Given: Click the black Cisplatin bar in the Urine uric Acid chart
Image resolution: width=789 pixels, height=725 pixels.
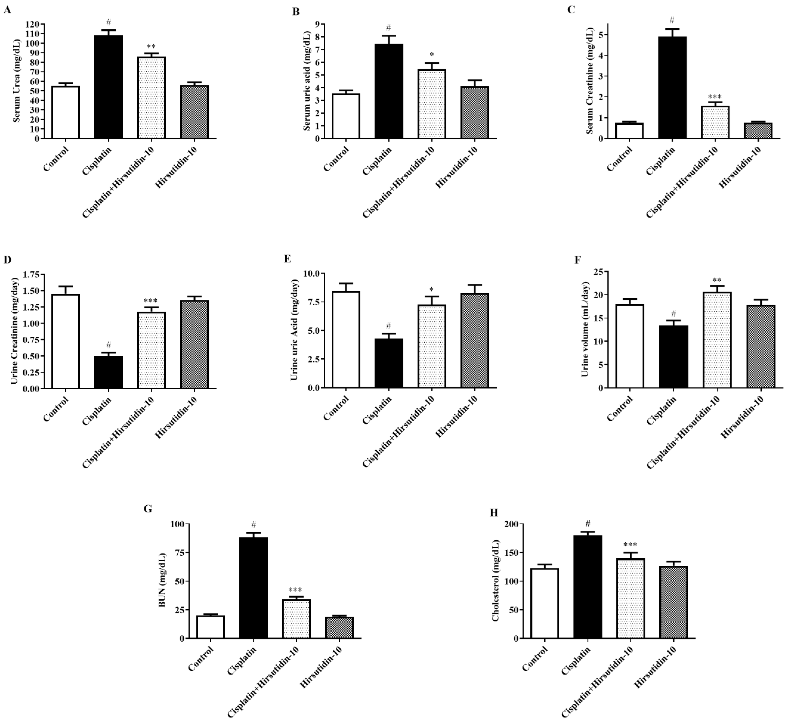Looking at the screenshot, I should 389,363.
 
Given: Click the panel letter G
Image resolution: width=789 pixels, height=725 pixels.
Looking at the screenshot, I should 148,509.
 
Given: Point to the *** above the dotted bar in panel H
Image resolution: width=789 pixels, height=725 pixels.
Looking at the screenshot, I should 630,545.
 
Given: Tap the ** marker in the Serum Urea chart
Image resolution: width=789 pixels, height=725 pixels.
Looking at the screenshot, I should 151,47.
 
